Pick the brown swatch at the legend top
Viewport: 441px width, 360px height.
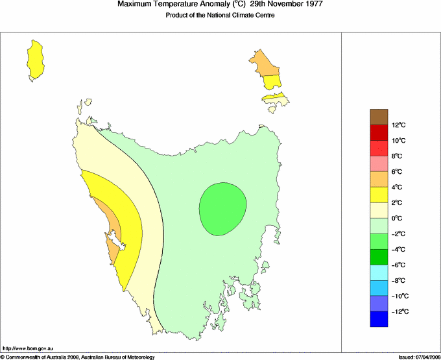[x=379, y=117]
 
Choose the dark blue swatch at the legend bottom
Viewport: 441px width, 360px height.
[x=379, y=319]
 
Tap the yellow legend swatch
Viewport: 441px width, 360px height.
[x=379, y=195]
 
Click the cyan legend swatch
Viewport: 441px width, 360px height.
[x=379, y=272]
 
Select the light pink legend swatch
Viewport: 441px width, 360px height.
[x=379, y=163]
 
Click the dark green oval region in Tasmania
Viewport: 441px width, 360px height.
[x=222, y=208]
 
